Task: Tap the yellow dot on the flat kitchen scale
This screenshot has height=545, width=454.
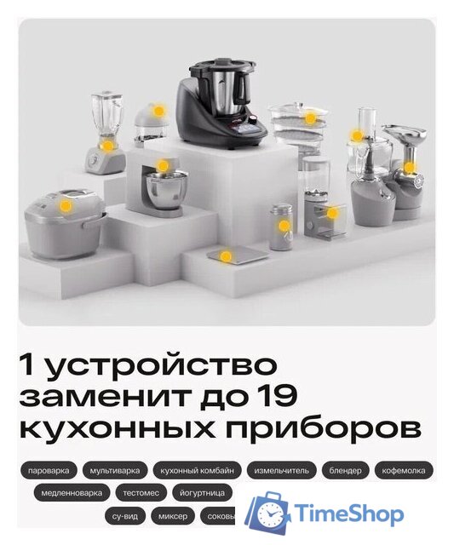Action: tap(226, 255)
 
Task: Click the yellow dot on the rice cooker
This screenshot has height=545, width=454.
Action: tap(66, 205)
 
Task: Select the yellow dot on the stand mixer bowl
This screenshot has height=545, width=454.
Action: tap(163, 166)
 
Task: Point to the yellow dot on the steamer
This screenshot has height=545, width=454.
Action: tap(311, 118)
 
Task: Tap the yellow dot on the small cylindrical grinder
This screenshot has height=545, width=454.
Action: tap(283, 226)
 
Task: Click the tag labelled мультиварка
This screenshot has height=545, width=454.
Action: tap(115, 470)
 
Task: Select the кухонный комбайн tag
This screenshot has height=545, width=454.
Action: tap(196, 470)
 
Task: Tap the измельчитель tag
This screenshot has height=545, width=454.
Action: tap(282, 470)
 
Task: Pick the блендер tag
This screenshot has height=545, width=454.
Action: tap(347, 470)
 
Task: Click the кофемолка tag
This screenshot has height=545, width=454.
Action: tap(405, 470)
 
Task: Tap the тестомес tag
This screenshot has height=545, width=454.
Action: tap(141, 492)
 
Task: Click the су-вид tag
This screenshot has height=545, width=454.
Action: tap(124, 515)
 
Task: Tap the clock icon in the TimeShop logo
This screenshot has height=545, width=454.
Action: tap(271, 514)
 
